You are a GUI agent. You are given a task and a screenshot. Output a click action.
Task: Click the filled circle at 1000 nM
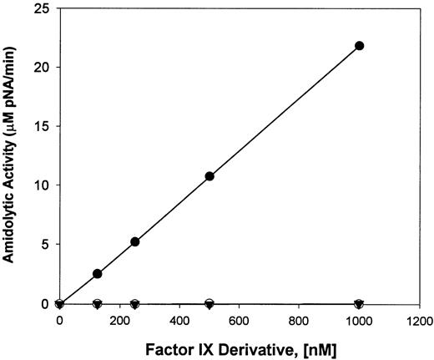click(x=360, y=45)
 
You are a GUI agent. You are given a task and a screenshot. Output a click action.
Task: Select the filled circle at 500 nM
click(x=209, y=176)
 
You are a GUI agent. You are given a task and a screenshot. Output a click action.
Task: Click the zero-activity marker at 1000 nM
click(x=360, y=304)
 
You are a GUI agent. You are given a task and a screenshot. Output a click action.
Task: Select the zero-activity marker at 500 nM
click(x=209, y=303)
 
